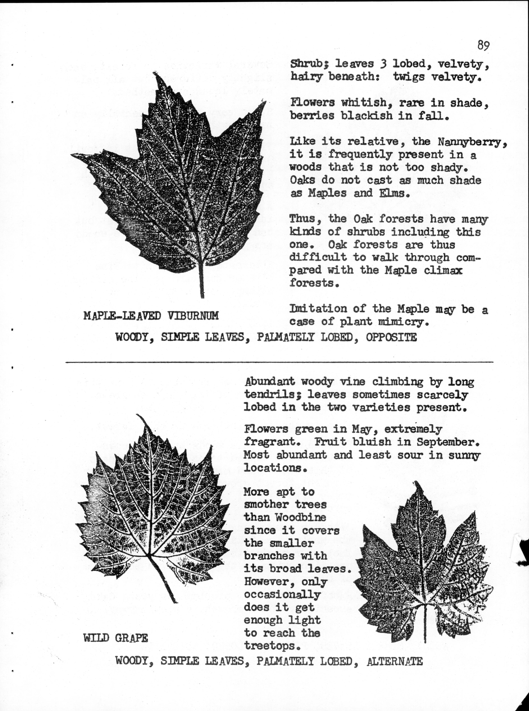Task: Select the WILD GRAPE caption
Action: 116,638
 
